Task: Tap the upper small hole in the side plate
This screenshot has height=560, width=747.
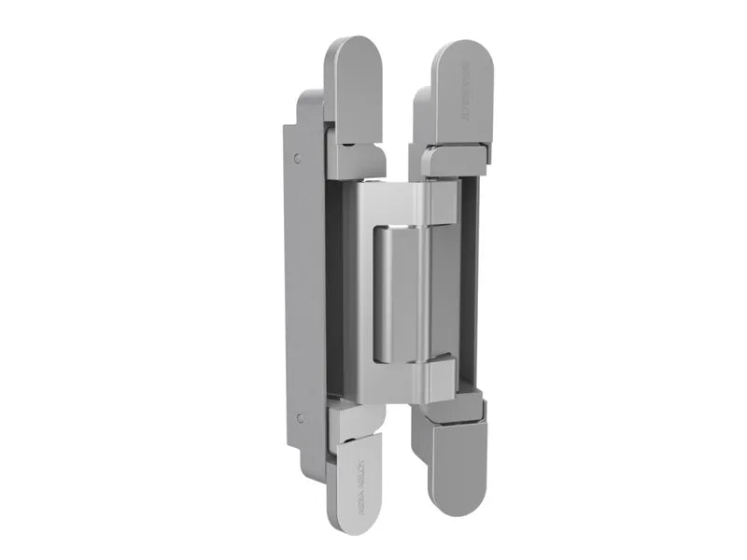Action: click(x=298, y=159)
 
